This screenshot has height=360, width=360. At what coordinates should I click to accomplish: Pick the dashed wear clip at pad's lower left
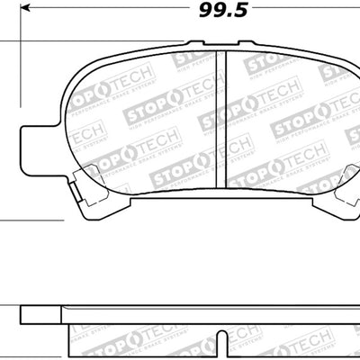pos(85,180)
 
